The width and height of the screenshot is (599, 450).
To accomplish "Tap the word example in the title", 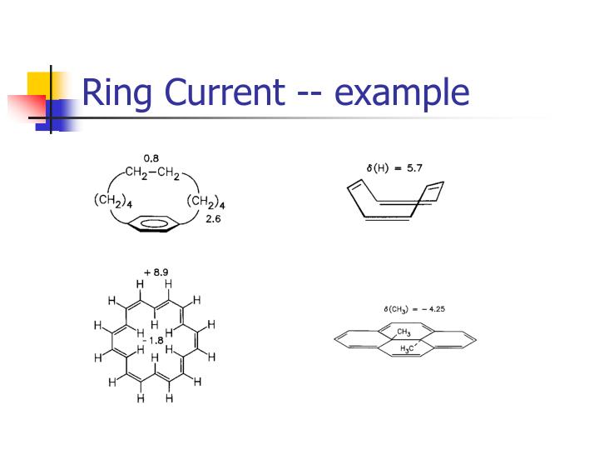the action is [x=403, y=94].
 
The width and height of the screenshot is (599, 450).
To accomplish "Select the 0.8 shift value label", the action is [x=151, y=157].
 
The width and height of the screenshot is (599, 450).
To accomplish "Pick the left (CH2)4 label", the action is [x=107, y=202].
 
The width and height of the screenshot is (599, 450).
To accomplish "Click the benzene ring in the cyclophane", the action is [x=154, y=223].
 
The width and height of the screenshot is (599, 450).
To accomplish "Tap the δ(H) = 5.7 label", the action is [x=394, y=167].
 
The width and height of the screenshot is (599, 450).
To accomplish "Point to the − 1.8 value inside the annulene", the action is [x=154, y=340].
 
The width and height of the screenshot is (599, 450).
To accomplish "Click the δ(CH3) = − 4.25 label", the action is [x=414, y=308].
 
